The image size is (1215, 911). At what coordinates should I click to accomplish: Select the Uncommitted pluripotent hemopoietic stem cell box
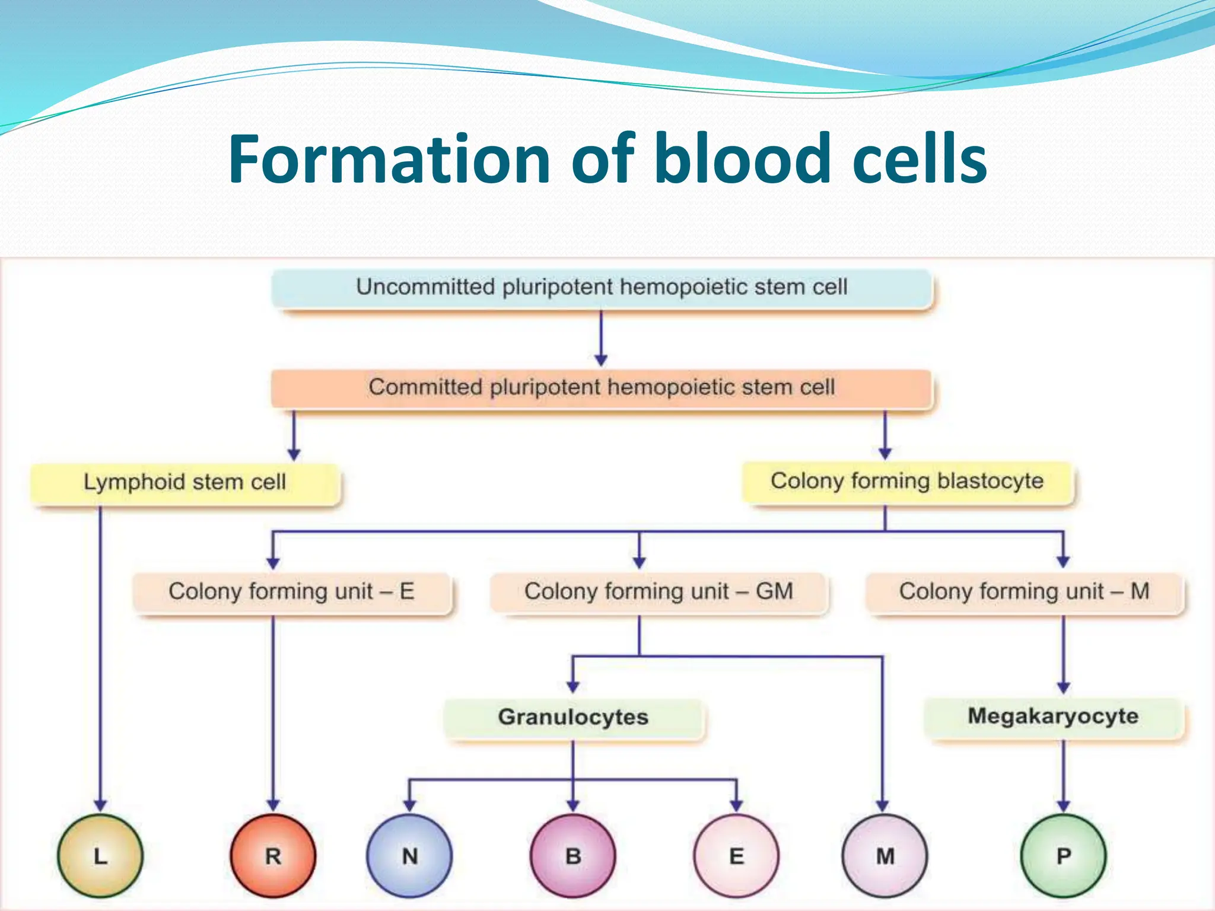click(x=602, y=288)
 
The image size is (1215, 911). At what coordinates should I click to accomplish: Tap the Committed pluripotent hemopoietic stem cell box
click(x=602, y=388)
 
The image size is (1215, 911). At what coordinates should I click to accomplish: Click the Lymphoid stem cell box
click(x=185, y=483)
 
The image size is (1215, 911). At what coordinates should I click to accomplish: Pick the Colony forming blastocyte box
click(x=908, y=482)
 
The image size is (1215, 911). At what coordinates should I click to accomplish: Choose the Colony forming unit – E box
click(x=291, y=592)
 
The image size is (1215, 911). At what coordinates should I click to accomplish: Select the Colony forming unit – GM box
click(x=659, y=592)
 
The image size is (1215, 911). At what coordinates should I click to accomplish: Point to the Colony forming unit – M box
click(x=1025, y=592)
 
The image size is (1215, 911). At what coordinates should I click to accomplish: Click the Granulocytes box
click(x=573, y=718)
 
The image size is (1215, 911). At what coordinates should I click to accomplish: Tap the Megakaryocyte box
click(x=1054, y=716)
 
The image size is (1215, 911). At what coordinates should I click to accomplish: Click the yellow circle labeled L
click(x=100, y=856)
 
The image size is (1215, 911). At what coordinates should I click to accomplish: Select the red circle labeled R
click(x=273, y=856)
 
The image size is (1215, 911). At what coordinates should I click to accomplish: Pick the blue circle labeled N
click(x=409, y=856)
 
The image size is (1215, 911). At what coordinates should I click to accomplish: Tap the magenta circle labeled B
click(x=573, y=856)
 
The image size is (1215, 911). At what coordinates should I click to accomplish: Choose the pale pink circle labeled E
click(x=736, y=856)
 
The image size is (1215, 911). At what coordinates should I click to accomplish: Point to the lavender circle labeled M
click(x=885, y=856)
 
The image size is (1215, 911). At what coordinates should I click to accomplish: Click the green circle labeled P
click(x=1064, y=856)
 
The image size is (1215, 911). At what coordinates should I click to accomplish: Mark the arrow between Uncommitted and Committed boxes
click(x=601, y=338)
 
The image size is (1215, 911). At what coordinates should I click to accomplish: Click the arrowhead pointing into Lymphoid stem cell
click(x=294, y=454)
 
